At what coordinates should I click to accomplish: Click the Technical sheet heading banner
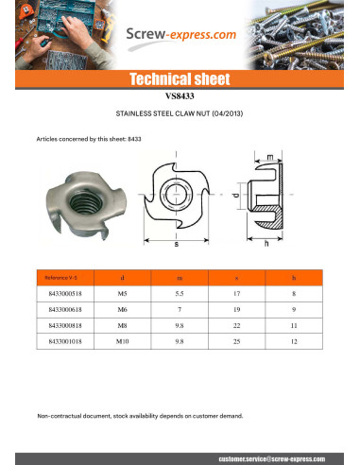180,78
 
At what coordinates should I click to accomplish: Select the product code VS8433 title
180,95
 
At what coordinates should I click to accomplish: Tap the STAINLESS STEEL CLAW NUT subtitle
180,112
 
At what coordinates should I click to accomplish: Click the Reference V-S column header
60,278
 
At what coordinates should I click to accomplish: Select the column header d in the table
123,278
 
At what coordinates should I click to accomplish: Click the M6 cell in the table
123,310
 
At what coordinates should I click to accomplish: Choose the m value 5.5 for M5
180,295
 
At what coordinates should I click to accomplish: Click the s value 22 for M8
236,324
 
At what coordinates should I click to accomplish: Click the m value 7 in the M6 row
180,310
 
